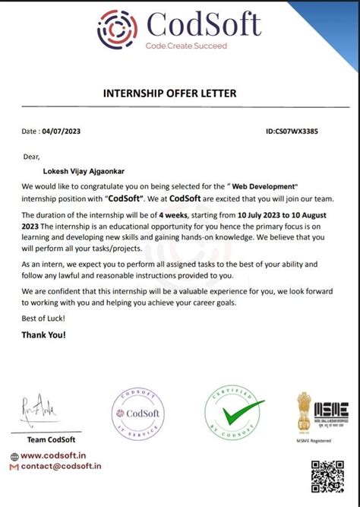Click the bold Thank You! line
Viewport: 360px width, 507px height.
44,334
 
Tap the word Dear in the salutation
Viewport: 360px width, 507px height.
30,157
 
